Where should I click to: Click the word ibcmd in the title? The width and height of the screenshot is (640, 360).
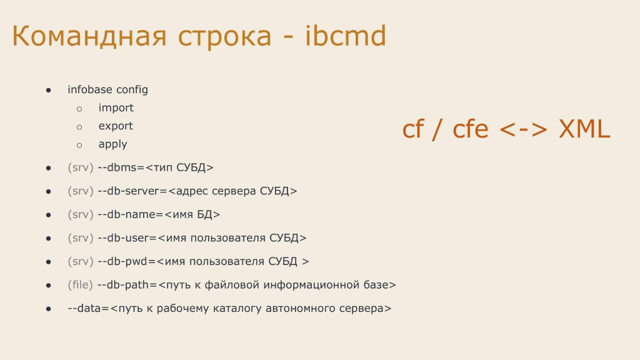[x=345, y=36]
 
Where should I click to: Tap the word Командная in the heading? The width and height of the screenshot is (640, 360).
[x=89, y=36]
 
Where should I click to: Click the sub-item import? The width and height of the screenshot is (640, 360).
[x=116, y=107]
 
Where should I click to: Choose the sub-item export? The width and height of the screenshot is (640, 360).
[x=116, y=126]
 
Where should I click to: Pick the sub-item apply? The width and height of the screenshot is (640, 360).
[x=112, y=144]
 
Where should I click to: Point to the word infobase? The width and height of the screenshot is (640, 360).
[x=90, y=89]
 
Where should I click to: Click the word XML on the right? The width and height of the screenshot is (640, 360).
[x=584, y=129]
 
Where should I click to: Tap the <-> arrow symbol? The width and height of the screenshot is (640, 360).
[x=523, y=130]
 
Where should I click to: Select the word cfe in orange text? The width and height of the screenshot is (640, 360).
[x=470, y=128]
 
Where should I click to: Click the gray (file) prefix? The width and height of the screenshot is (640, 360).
[x=81, y=285]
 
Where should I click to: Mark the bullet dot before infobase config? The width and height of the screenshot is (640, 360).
[x=49, y=90]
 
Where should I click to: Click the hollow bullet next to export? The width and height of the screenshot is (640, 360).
[x=79, y=127]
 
